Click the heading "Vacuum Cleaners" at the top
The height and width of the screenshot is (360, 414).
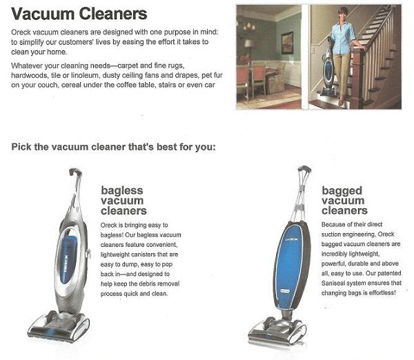(79, 14)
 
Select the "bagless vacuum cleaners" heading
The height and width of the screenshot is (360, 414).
(124, 201)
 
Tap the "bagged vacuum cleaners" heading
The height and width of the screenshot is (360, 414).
(344, 201)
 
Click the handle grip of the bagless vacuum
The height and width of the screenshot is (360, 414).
(75, 172)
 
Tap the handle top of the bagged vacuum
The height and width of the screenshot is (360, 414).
(304, 169)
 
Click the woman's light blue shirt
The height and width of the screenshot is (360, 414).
(343, 38)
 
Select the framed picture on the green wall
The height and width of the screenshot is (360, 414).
(287, 43)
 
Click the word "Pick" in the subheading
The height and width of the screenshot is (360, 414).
(21, 147)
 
